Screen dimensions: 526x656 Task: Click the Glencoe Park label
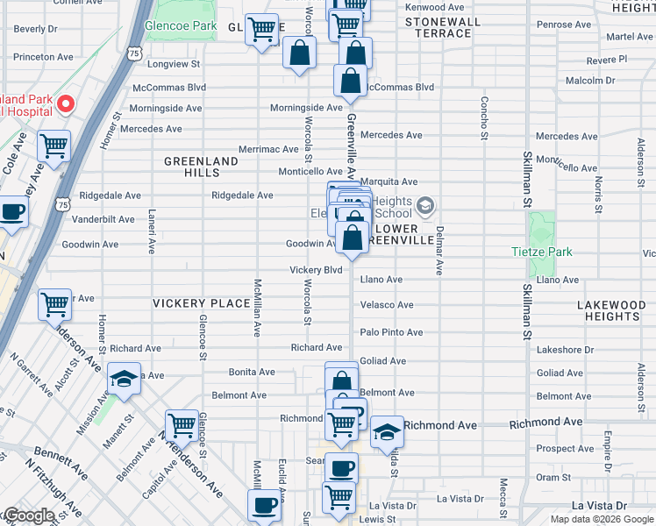(x=181, y=25)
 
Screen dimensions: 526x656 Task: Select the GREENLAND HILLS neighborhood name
(x=201, y=167)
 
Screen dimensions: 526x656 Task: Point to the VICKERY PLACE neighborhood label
(x=201, y=303)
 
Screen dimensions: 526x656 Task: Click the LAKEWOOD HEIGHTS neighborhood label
(x=611, y=310)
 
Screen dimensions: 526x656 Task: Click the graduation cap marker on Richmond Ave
(x=387, y=432)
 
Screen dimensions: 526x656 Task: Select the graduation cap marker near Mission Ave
(x=124, y=379)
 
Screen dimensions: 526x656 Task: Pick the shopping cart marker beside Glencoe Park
(x=261, y=30)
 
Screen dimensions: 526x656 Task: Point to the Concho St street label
(x=483, y=117)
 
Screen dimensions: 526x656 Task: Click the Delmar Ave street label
(x=439, y=251)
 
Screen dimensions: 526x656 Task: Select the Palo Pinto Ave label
(x=391, y=332)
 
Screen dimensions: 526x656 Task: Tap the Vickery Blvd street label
(x=316, y=270)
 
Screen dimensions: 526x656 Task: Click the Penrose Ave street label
(x=560, y=25)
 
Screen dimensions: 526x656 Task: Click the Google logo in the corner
(x=29, y=515)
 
